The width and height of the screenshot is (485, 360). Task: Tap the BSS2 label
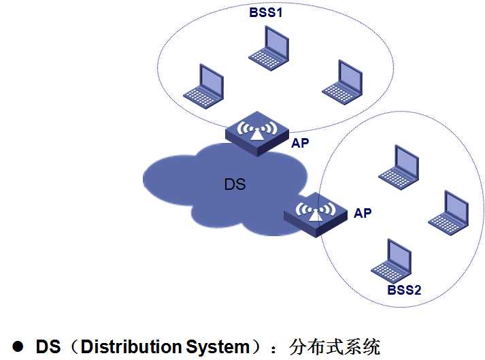(405, 290)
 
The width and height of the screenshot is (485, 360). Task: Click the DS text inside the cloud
(235, 184)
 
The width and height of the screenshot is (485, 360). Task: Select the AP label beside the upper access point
(300, 144)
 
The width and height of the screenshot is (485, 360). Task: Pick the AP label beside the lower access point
(363, 213)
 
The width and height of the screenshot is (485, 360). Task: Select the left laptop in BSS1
(202, 86)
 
